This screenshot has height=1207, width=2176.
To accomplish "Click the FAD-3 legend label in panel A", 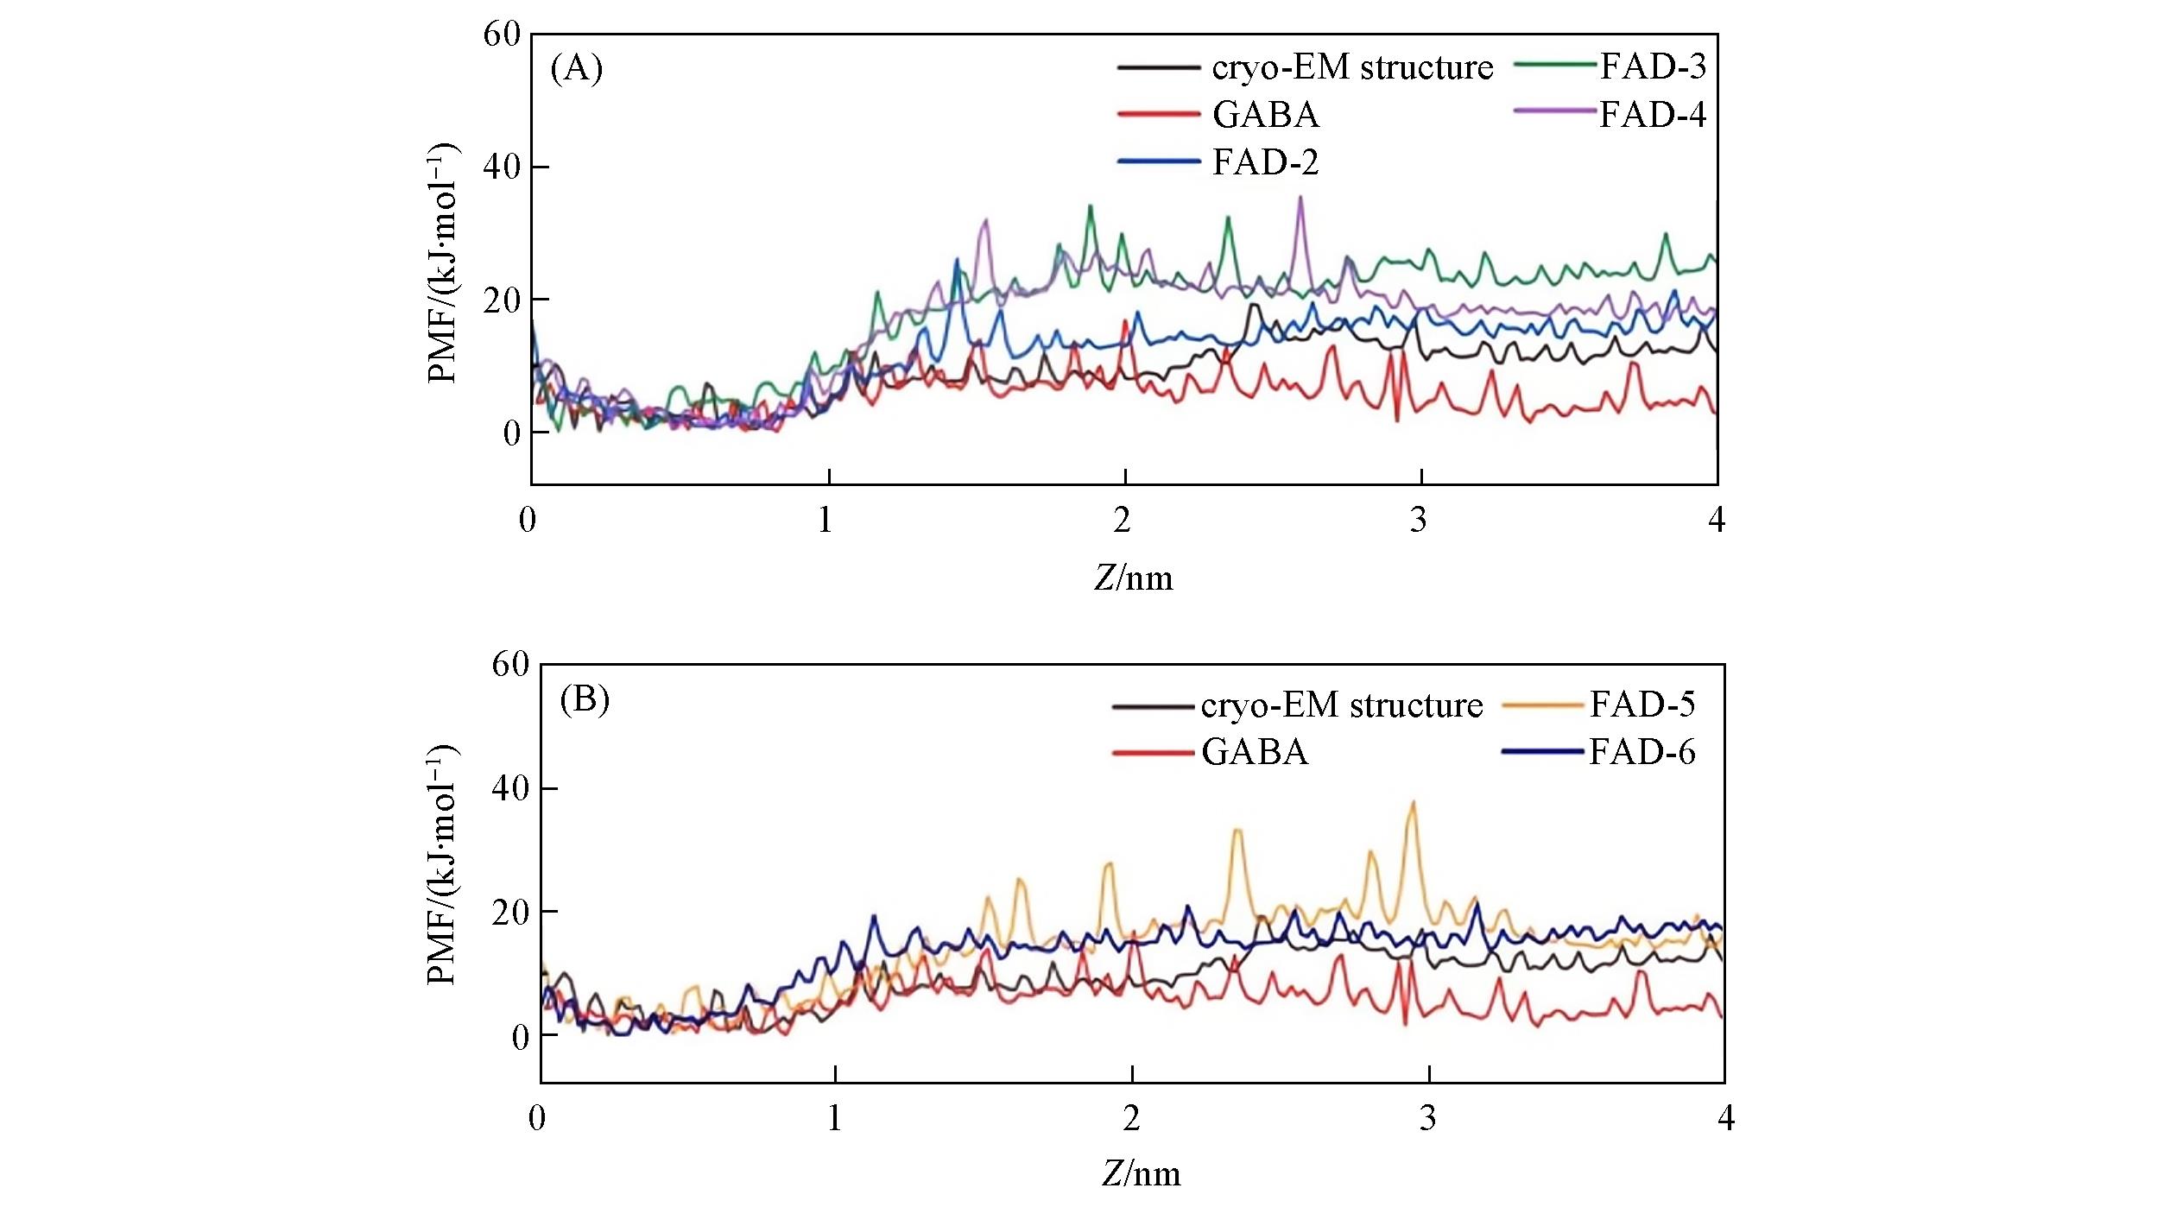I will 1653,66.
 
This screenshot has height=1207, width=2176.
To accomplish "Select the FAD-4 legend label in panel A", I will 1653,114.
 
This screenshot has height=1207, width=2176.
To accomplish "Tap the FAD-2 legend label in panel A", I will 1266,162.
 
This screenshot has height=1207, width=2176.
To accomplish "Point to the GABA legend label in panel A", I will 1266,114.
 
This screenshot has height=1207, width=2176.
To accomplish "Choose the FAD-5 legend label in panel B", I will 1642,705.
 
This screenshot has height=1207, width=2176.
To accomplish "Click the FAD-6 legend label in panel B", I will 1642,752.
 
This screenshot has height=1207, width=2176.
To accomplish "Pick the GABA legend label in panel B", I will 1255,752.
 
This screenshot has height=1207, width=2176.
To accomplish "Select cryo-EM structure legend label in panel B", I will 1341,705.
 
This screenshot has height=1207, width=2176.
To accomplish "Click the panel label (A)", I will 576,67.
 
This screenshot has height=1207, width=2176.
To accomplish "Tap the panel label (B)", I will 585,698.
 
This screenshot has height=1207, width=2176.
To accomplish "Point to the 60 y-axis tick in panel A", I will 503,35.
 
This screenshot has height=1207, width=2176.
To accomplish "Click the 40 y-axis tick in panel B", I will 509,788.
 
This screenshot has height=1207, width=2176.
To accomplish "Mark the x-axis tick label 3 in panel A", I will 1419,520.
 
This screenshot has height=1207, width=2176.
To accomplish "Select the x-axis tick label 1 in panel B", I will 834,1118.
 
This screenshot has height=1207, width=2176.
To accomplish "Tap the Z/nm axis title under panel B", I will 1142,1173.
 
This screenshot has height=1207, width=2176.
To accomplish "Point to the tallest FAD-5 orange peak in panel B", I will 1413,803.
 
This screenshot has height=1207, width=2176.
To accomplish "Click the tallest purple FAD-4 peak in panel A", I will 1300,198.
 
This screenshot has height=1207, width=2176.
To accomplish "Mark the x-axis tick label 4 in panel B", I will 1725,1118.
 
